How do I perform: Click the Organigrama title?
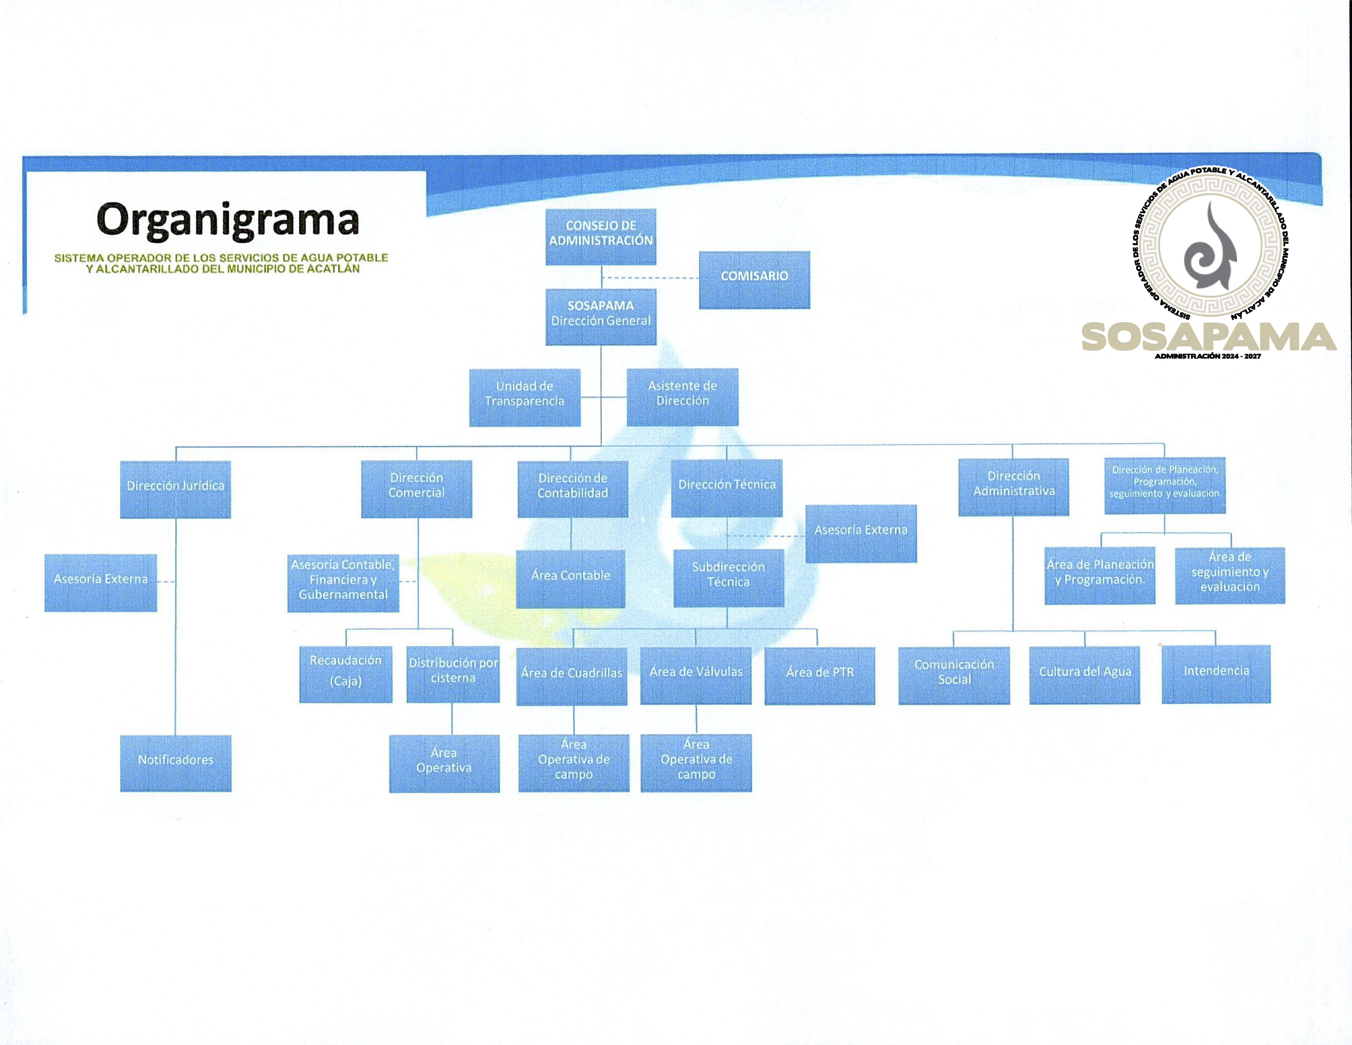228,221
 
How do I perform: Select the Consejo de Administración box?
600,237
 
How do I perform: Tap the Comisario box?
754,279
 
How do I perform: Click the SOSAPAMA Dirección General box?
600,316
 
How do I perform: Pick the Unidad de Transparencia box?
525,397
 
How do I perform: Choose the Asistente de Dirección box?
682,396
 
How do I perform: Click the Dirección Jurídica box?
175,488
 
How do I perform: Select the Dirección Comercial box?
416,488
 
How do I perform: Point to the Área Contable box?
570,578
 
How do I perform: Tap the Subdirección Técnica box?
728,577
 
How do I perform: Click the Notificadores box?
175,763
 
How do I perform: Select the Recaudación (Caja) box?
345,674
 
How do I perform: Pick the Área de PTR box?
819,675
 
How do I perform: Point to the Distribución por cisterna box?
452,673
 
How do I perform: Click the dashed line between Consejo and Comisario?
650,278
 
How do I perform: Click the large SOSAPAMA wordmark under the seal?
1208,337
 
